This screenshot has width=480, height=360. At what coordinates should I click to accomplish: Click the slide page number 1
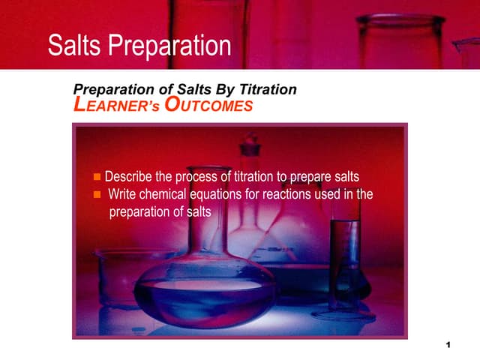(447, 344)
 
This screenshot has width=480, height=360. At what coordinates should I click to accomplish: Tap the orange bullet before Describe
(96, 178)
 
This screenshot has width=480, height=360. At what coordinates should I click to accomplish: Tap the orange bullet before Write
(96, 195)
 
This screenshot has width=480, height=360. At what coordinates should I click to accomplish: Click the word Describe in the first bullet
(129, 178)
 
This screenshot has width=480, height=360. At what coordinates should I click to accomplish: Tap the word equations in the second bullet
(220, 195)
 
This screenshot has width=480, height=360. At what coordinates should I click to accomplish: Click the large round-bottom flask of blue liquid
(204, 289)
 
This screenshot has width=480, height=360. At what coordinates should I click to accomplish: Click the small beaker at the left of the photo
(120, 277)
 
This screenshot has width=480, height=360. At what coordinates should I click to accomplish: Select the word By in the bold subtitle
(230, 89)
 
